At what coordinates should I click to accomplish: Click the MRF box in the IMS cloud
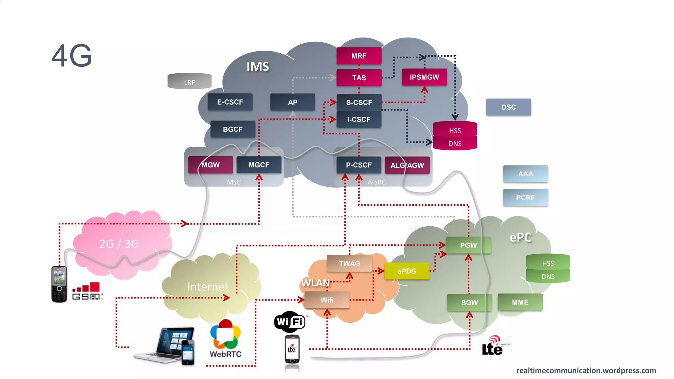pos(359,56)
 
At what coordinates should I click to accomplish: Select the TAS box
pos(359,78)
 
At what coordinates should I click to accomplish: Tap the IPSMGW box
pos(424,77)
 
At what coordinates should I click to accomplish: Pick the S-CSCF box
pos(359,102)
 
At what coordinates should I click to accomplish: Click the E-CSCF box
pos(230,102)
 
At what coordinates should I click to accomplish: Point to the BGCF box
pos(233,129)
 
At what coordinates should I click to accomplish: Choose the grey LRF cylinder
pos(189,81)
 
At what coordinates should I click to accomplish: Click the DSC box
pos(508,107)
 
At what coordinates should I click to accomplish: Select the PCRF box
pos(525,197)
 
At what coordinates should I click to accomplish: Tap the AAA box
pos(525,174)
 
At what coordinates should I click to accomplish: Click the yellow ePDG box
pos(407,271)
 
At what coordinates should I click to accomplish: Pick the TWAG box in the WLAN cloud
pos(349,263)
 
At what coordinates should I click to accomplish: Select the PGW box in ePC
pos(468,245)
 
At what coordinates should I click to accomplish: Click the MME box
pos(520,302)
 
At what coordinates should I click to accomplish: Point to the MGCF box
pos(259,165)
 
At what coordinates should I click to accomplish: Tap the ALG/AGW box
pos(407,165)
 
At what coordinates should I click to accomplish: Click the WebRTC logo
pos(225,339)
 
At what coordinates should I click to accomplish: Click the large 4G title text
pos(71,56)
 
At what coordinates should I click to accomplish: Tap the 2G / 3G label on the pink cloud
pos(119,244)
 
